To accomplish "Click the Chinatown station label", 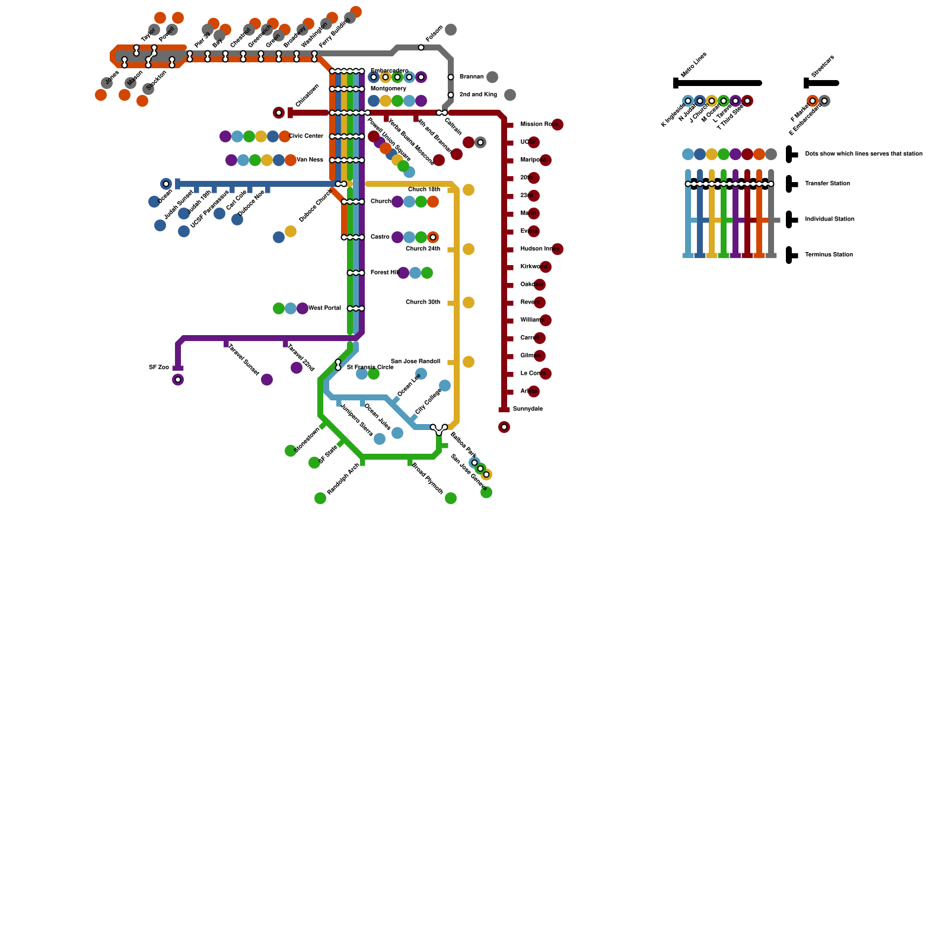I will [x=307, y=95].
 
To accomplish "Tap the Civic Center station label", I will [x=306, y=136].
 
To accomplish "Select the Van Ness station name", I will [x=310, y=160].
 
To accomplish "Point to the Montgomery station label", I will [x=388, y=89].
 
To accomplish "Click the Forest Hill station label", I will [x=384, y=273].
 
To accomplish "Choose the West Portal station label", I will [x=325, y=308].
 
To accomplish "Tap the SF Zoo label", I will [x=159, y=368].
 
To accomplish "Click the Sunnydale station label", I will [x=528, y=409].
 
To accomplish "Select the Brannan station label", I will [x=472, y=77].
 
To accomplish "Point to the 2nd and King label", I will [x=478, y=95].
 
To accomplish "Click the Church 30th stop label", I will [x=423, y=302].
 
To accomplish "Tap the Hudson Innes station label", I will [x=540, y=249].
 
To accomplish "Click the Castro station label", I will [x=380, y=237].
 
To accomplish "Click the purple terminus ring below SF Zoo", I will [x=178, y=380].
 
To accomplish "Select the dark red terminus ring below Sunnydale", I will [x=504, y=427].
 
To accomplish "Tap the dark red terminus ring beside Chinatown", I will [x=279, y=113].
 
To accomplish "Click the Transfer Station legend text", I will [x=827, y=184].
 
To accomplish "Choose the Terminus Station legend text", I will [x=829, y=255].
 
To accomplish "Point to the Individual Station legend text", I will [x=830, y=219].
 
